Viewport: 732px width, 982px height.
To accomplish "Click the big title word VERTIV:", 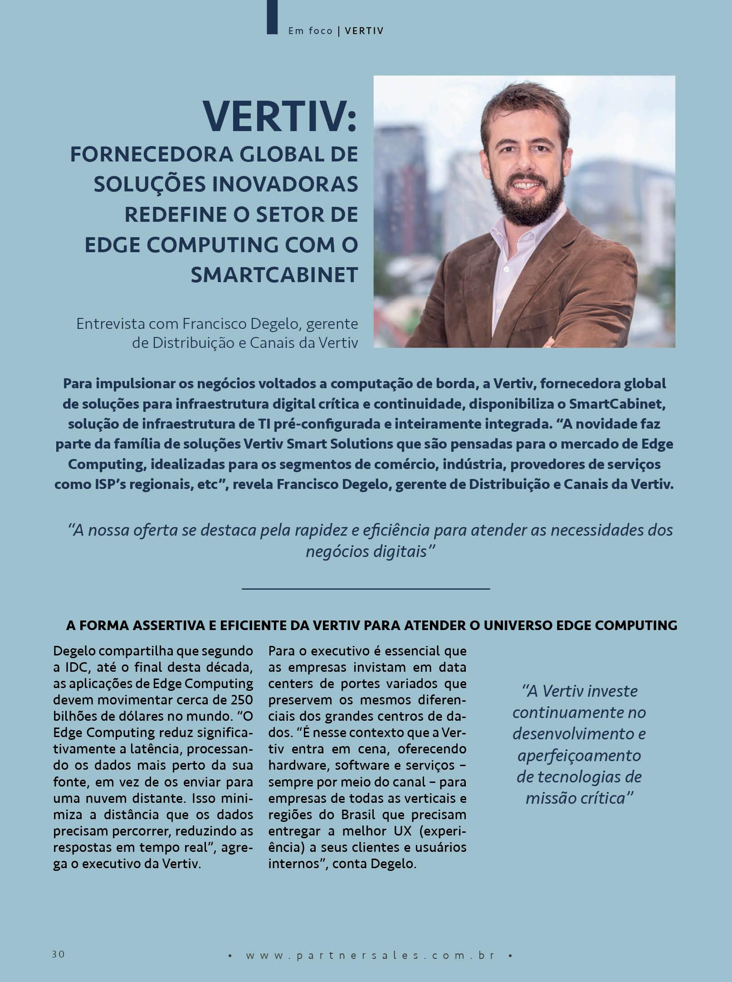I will pos(280,116).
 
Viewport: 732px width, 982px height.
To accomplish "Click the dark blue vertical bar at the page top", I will pos(272,17).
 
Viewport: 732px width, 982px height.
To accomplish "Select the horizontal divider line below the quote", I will pos(366,588).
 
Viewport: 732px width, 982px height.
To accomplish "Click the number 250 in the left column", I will pos(241,700).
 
